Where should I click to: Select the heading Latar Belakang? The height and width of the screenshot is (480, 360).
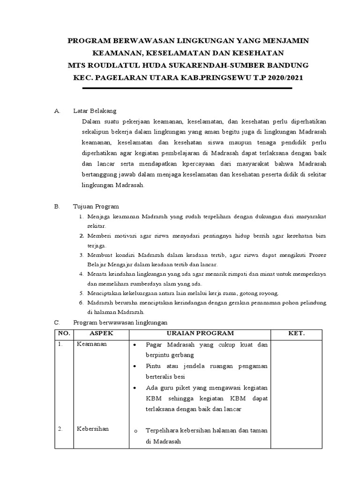tap(95, 111)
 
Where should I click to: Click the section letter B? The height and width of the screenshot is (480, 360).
tap(57, 206)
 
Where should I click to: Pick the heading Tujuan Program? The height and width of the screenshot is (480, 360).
tap(96, 206)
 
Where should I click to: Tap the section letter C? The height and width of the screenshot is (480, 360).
tap(57, 322)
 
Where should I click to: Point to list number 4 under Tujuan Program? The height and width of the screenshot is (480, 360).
tap(81, 274)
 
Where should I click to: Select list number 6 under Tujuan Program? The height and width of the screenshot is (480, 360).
tap(81, 303)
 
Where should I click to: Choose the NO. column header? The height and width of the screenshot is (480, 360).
tap(63, 333)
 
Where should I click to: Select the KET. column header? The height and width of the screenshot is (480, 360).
tap(296, 333)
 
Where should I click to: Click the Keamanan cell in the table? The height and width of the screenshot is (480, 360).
tap(92, 344)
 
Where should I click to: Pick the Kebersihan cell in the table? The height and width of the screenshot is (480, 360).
tap(93, 428)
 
